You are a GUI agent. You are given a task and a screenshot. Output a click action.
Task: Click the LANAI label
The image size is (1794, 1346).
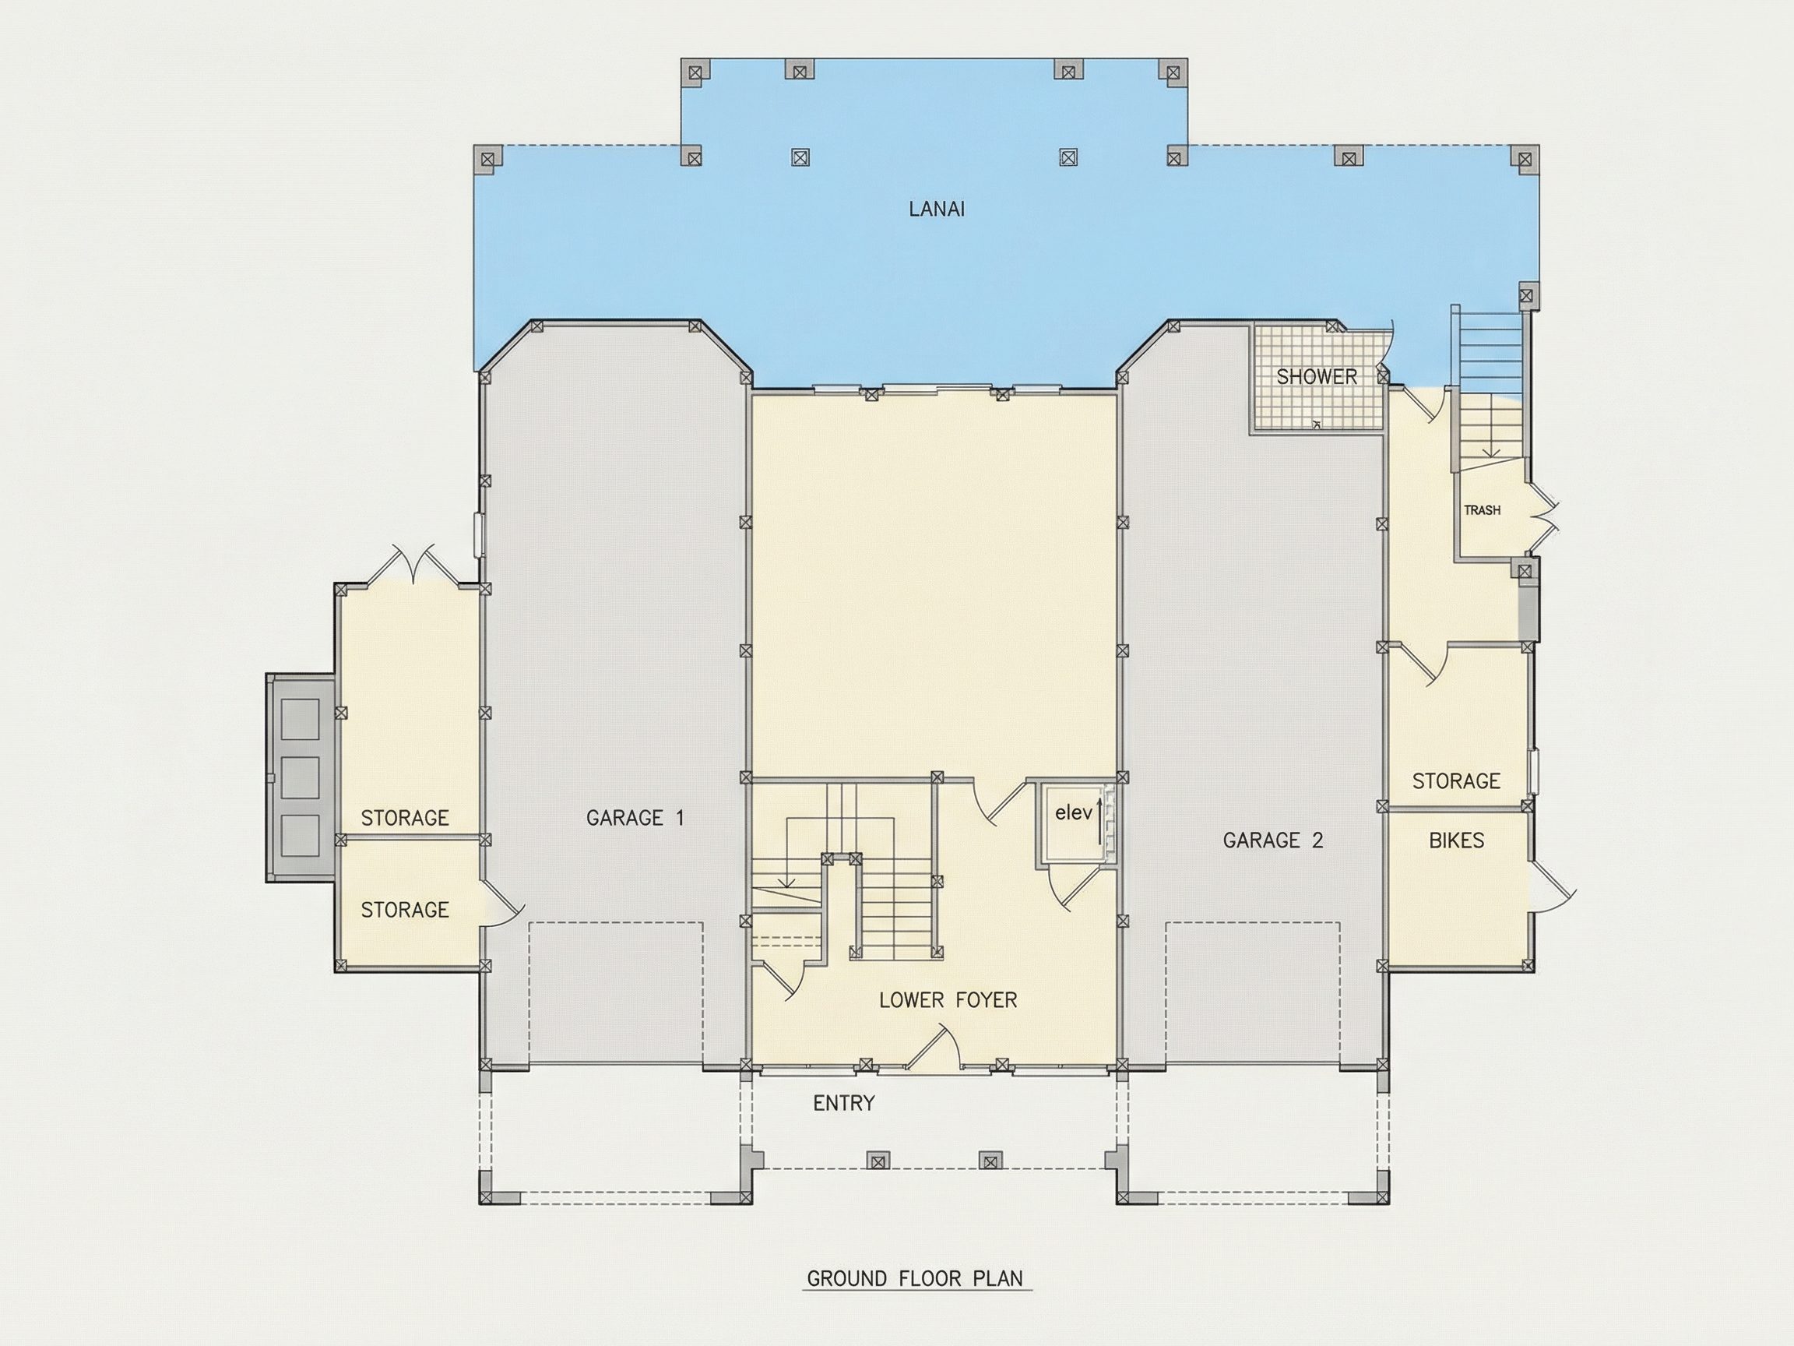(937, 209)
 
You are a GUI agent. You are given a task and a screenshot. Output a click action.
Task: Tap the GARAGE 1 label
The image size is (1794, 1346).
(635, 818)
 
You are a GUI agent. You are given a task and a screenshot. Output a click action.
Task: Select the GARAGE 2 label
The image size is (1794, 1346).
(1272, 840)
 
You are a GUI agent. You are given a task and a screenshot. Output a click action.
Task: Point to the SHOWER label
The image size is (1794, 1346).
(1317, 376)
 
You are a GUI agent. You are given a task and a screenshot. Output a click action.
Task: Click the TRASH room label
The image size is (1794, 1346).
(1482, 510)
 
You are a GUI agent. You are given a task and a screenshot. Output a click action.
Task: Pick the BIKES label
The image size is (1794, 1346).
(1457, 840)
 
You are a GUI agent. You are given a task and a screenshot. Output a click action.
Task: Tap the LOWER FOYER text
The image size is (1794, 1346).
(948, 1000)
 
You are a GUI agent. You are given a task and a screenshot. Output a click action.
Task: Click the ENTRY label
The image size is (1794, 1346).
(844, 1104)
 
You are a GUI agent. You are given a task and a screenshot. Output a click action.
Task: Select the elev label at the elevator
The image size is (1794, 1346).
(1074, 812)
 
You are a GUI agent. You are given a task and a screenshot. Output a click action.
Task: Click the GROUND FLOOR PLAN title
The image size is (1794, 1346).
(916, 1279)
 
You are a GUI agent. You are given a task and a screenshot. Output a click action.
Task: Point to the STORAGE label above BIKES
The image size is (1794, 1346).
(1456, 781)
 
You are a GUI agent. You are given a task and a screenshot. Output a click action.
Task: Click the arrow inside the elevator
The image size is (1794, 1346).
(1099, 821)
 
